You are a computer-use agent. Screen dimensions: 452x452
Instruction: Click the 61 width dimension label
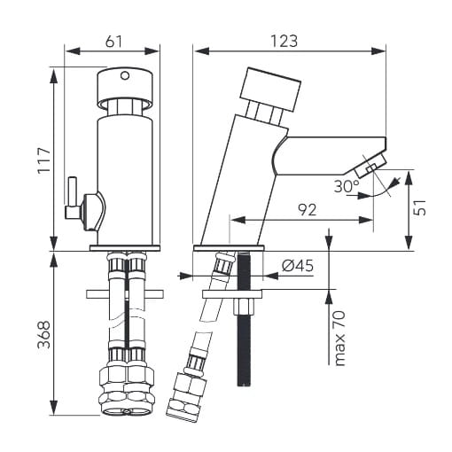[113, 42]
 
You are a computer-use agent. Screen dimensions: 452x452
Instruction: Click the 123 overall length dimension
[284, 42]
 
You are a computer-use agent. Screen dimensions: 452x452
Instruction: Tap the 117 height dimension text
[44, 160]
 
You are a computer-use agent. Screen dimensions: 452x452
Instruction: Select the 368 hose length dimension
[44, 334]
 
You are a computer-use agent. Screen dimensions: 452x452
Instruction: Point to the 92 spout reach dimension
[307, 210]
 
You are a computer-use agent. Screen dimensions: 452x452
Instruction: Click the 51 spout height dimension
[419, 207]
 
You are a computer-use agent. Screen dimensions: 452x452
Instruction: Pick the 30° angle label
[347, 186]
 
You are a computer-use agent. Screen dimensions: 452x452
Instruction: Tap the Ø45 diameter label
[297, 266]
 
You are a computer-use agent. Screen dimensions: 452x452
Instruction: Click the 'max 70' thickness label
[339, 339]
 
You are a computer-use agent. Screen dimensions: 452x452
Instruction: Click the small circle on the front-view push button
[125, 75]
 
